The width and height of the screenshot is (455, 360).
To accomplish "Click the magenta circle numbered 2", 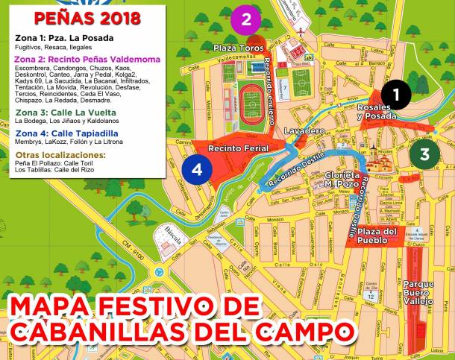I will [x=246, y=20].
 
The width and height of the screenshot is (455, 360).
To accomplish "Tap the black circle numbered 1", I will [x=396, y=94].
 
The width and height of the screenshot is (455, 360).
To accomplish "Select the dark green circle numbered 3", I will [x=424, y=154].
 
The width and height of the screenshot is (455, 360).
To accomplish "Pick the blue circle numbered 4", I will [x=196, y=169].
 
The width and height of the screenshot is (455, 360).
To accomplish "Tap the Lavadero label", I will [x=304, y=130].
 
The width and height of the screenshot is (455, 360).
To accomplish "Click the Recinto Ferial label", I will [x=233, y=148].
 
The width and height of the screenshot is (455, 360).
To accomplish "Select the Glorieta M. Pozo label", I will [x=343, y=178].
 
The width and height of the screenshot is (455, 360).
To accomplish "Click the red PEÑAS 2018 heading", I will [x=82, y=16].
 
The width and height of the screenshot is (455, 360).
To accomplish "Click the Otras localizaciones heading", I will [x=60, y=154].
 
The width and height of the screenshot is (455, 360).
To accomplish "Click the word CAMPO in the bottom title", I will [x=289, y=329].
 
